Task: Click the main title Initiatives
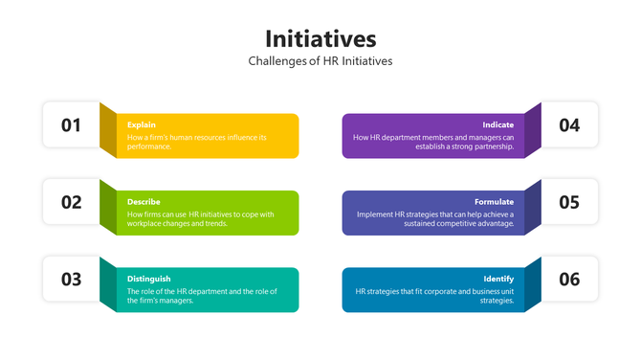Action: pos(320,38)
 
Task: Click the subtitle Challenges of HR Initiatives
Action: pos(320,61)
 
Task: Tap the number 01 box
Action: pos(72,124)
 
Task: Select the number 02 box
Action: pos(72,202)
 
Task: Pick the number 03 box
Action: pos(72,280)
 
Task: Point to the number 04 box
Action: pos(569,124)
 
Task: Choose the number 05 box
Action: pos(569,202)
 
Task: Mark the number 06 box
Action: pos(569,280)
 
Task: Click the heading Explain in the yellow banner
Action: pos(142,124)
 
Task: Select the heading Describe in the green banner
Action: pos(144,202)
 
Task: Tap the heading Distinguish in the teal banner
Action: pos(148,279)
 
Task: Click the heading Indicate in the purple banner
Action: pos(497,124)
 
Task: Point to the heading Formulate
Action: pos(494,202)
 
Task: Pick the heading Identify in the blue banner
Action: pos(498,279)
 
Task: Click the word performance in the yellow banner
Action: pos(148,147)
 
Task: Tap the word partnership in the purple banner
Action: pos(494,147)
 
